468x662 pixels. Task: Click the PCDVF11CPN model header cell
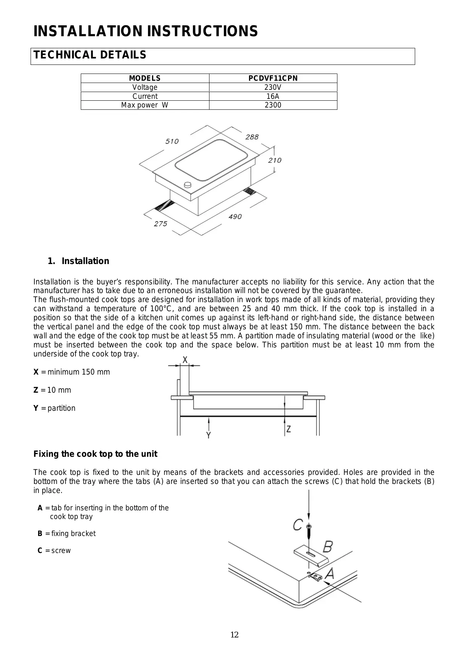tap(273, 78)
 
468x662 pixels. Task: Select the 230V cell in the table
tap(273, 87)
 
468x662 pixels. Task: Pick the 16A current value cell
tap(273, 96)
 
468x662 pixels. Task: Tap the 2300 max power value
tap(273, 105)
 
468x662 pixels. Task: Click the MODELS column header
tap(145, 78)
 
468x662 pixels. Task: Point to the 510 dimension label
tap(172, 141)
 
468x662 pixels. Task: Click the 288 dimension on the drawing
tap(252, 137)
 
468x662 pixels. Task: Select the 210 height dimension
tap(275, 160)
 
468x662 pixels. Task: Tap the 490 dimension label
tap(235, 217)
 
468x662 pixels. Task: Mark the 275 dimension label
tap(160, 224)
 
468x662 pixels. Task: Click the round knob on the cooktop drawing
tap(187, 185)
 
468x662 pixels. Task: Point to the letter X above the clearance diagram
tap(185, 360)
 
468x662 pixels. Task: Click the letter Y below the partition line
tap(208, 435)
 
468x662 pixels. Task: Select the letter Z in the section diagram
tap(289, 429)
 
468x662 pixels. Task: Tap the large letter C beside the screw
tap(298, 524)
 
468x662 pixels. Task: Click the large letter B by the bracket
tap(328, 546)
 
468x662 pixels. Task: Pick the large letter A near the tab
tap(329, 574)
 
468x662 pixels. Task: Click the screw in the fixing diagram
tap(309, 531)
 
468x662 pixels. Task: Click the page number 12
tap(234, 635)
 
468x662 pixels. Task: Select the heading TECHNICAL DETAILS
tap(90, 55)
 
